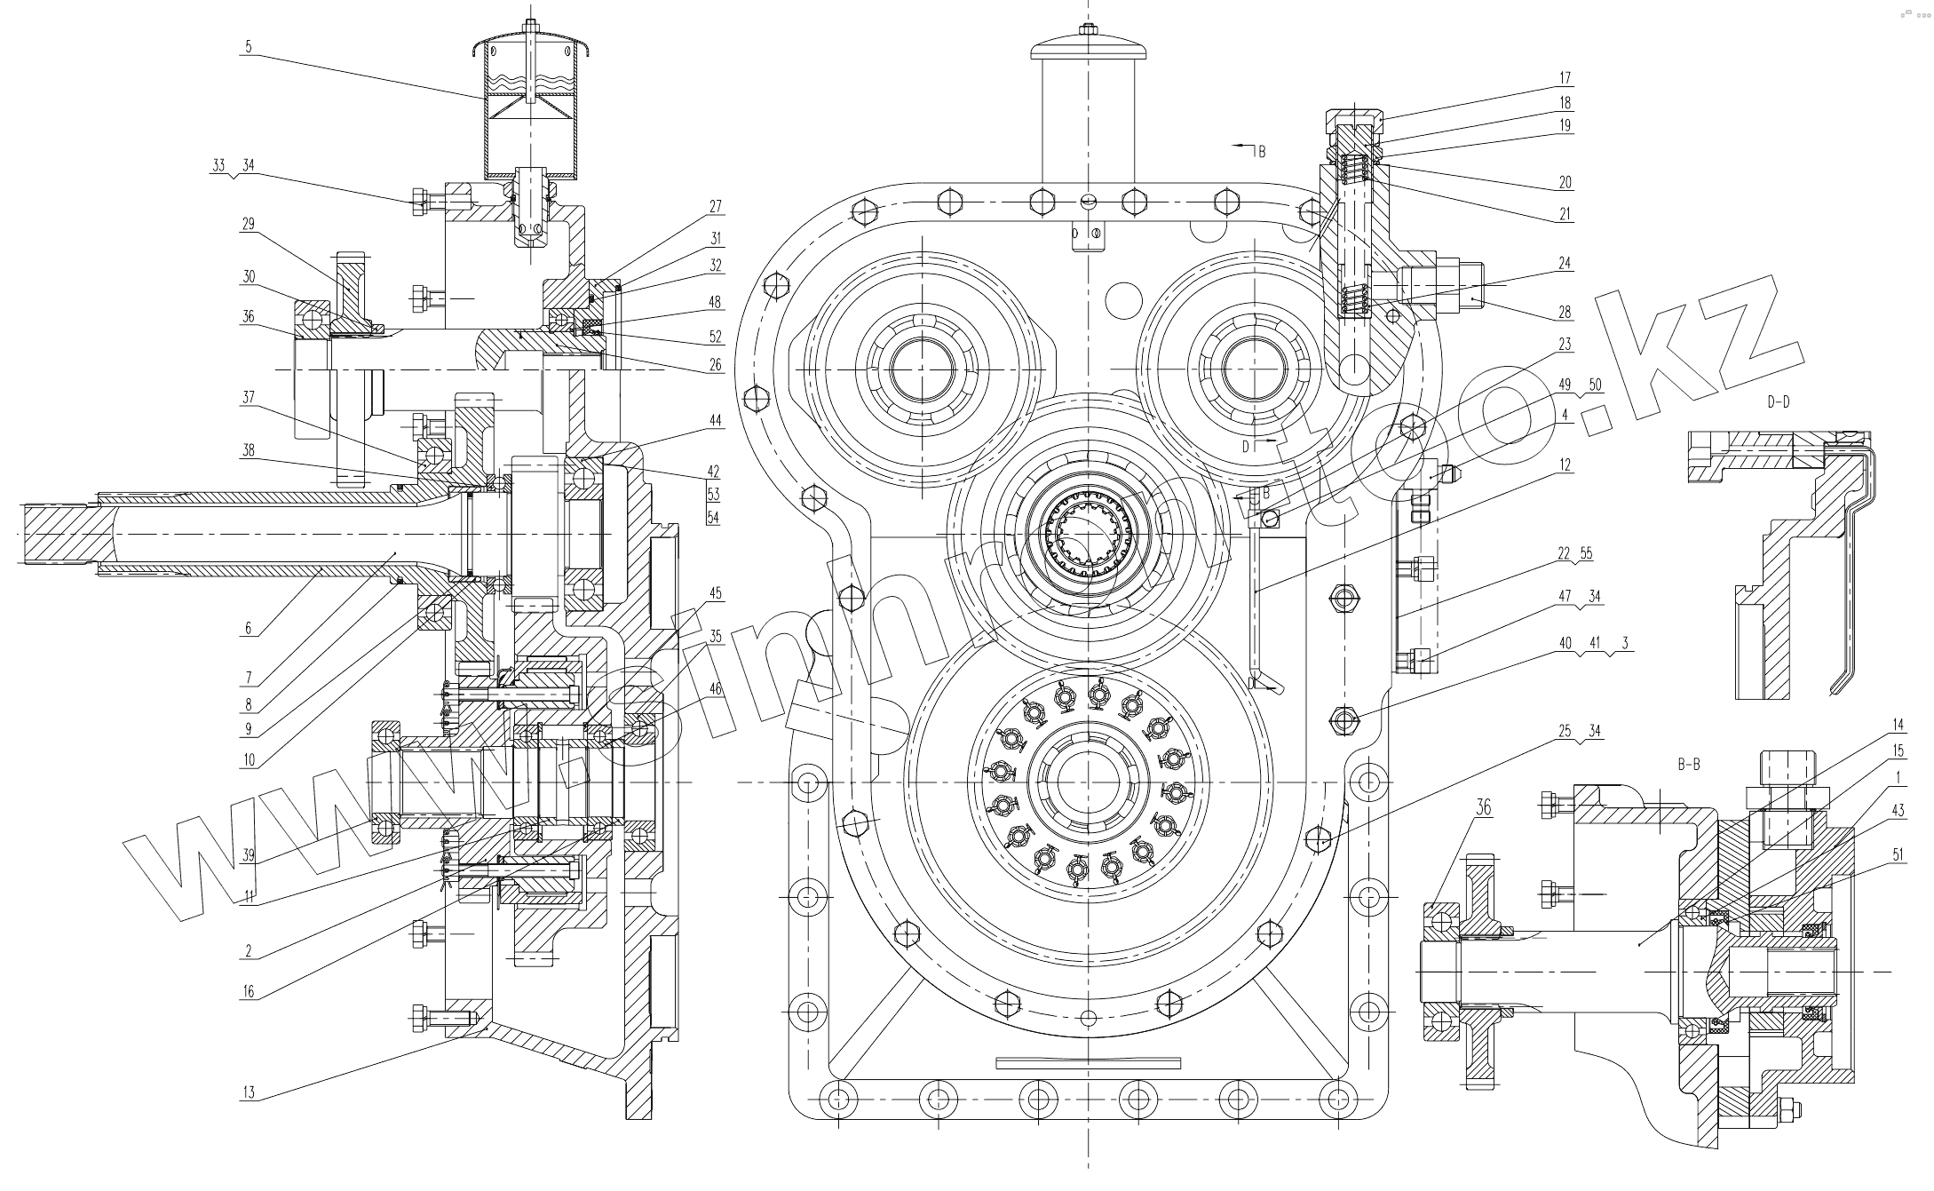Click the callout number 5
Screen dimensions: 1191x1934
click(248, 47)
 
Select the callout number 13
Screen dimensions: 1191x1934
click(248, 1092)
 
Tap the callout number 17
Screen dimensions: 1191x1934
click(1565, 78)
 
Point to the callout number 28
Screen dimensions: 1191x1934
click(1565, 312)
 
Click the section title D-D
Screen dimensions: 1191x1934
click(1778, 402)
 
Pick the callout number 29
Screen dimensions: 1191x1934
click(248, 224)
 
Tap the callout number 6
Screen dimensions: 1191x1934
click(248, 629)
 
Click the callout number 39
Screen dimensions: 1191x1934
click(248, 855)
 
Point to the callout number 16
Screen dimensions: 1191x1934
click(248, 991)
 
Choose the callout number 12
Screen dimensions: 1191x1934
click(1565, 464)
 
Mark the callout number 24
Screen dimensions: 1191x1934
click(1565, 263)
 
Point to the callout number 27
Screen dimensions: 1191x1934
click(715, 206)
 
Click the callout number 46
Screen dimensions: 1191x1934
click(715, 688)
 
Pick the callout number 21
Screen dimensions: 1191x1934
click(1565, 214)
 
